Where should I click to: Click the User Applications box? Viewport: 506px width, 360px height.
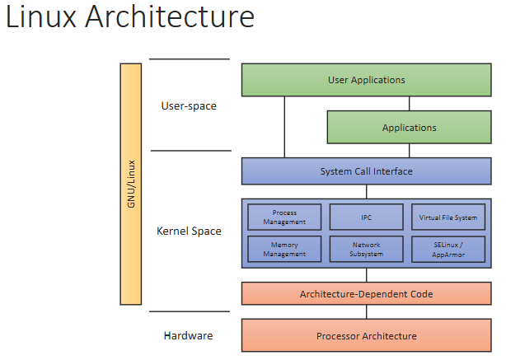click(366, 80)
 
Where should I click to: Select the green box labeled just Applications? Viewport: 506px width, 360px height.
click(410, 127)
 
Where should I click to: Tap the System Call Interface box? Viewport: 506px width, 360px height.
click(366, 171)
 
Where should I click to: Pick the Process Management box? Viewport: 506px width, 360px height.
click(284, 217)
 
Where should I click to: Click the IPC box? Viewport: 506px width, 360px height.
click(366, 217)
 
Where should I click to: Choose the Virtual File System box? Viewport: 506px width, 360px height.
click(448, 217)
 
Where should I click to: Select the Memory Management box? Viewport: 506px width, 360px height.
click(284, 249)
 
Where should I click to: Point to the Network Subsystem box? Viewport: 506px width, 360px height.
click(366, 249)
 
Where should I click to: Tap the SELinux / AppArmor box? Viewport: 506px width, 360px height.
click(448, 249)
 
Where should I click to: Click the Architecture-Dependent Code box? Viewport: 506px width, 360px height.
click(366, 293)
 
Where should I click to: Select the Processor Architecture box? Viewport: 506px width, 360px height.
click(366, 335)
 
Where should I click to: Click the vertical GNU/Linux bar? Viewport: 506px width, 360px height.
click(131, 184)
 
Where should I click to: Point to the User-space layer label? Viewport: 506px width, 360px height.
click(189, 105)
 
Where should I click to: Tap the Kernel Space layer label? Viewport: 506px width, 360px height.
click(189, 231)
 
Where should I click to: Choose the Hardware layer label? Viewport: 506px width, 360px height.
click(188, 335)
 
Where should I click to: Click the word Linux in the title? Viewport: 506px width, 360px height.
click(41, 16)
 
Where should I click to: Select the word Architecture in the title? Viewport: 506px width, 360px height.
click(170, 16)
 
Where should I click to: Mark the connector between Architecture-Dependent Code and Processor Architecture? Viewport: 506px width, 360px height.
click(366, 312)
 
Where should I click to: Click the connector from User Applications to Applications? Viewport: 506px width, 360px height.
click(410, 104)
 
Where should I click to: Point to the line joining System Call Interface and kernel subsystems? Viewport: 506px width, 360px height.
click(366, 192)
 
